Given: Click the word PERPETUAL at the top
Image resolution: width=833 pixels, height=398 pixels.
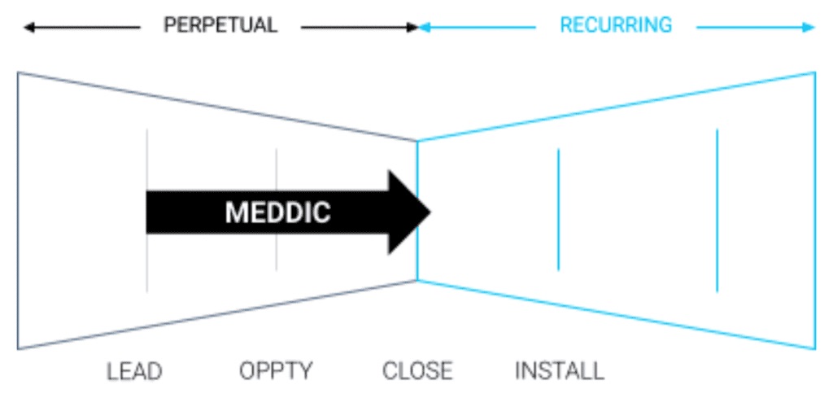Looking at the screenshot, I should point(220,25).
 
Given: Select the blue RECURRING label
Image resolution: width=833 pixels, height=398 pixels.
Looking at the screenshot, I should point(616,25).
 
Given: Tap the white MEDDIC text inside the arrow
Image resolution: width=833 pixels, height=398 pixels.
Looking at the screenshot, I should point(278,212).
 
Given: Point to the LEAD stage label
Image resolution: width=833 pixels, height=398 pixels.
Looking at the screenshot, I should point(134,372).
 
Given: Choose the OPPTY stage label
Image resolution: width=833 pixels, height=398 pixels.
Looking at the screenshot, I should point(276,372).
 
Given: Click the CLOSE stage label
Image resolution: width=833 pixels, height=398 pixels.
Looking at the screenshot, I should point(417,372).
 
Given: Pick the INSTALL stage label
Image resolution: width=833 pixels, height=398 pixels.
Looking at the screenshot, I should point(560,372).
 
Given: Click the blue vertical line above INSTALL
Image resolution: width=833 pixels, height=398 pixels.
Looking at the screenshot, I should point(558,209).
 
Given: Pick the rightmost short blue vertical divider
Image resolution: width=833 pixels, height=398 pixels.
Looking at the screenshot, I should point(717,209).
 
